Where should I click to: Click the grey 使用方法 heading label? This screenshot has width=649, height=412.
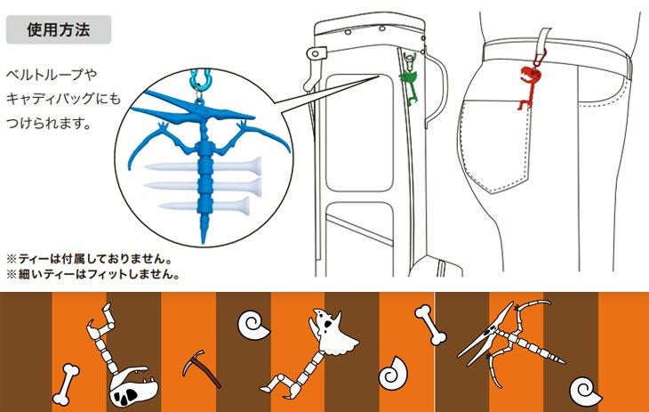(x=59, y=28)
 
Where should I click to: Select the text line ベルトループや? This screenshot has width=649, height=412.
(x=49, y=75)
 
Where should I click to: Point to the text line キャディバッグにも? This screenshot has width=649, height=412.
(x=60, y=100)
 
